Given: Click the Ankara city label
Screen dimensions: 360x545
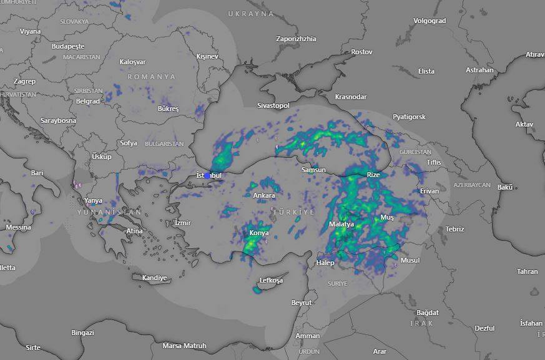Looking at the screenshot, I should coord(263,196).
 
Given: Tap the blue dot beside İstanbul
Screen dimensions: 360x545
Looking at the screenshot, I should coord(207,176).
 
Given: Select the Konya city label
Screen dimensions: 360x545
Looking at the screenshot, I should coord(259,233).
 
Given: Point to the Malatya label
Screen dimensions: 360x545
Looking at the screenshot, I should coord(341,224).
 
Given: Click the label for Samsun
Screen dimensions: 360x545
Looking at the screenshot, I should coord(313,170).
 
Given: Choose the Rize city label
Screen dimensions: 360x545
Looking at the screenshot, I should coord(373,175).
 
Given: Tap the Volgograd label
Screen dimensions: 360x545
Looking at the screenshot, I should coord(430,21).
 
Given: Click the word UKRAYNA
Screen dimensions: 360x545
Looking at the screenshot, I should coord(251,14).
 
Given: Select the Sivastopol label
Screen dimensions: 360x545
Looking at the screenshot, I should coord(273,106).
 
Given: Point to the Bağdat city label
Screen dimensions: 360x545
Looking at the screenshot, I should coord(428,313).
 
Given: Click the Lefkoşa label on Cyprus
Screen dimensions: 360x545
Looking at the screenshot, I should coord(271,281).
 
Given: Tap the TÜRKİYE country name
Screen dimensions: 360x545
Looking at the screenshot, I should coord(294,213).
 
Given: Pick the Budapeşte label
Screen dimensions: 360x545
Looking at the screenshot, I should coord(67,47).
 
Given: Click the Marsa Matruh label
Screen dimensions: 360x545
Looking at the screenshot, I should coord(184,346).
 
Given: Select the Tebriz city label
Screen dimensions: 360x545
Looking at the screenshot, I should coord(454,230).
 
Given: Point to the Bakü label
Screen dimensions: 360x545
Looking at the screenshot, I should coord(504,187).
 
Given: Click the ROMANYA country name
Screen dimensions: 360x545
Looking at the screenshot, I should coord(152,77).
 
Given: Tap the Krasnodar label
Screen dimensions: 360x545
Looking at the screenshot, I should coord(351,97).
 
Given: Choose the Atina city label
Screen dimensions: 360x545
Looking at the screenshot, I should coord(134,231).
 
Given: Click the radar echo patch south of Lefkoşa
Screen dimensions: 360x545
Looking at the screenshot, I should coord(257,290).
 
